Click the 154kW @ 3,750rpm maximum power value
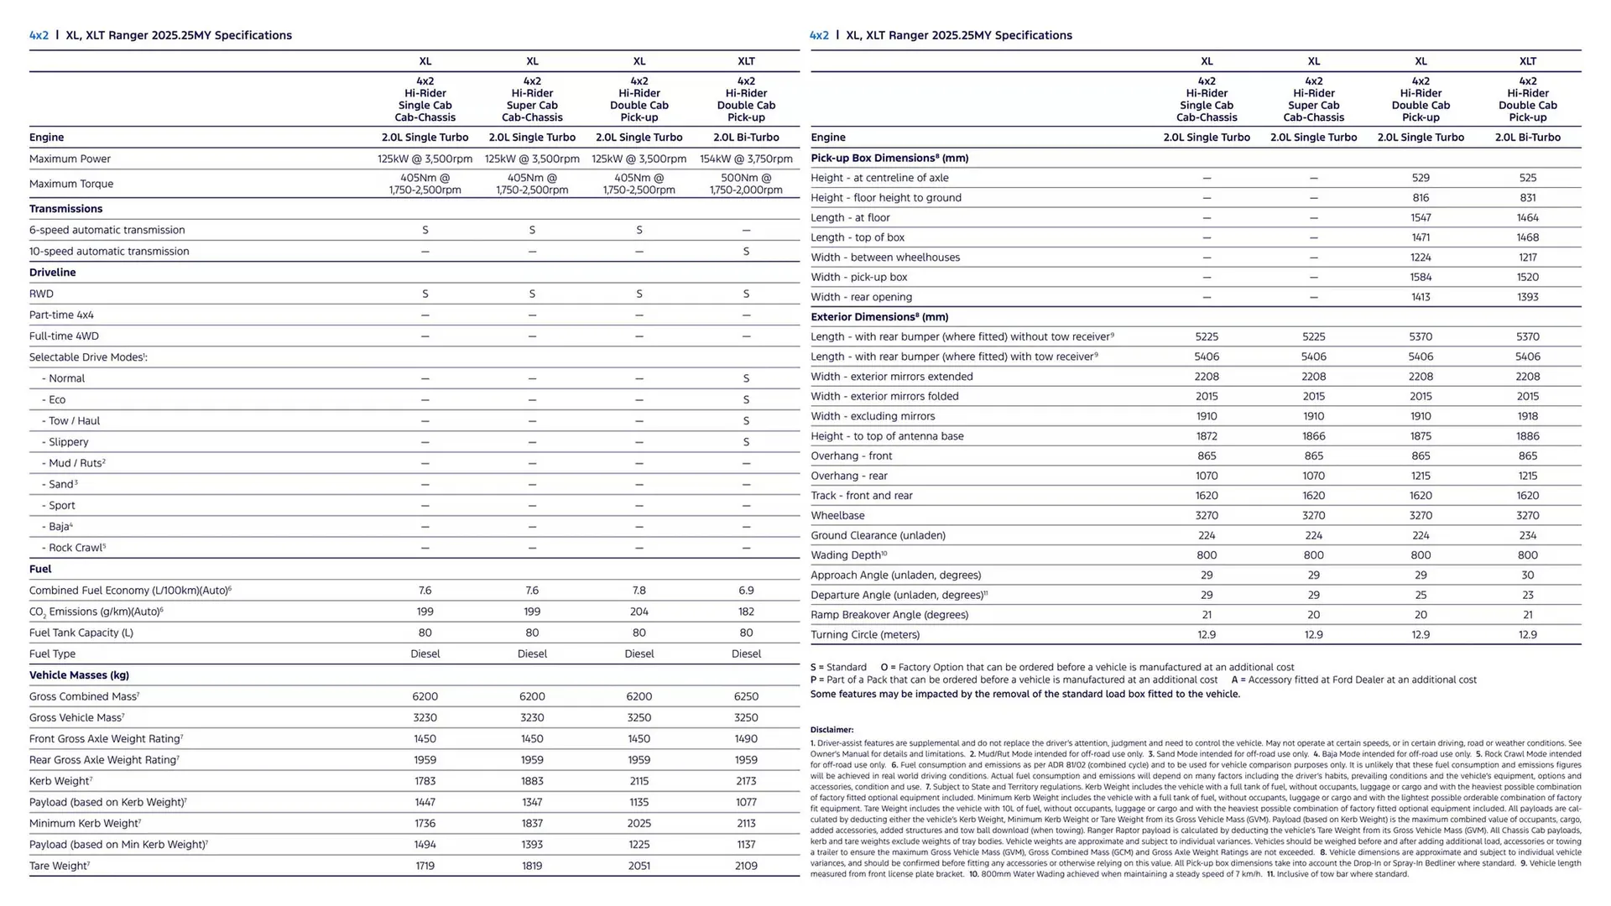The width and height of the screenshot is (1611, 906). (x=746, y=159)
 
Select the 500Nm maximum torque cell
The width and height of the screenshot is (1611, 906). (x=746, y=184)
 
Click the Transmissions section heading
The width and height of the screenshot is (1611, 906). (x=65, y=209)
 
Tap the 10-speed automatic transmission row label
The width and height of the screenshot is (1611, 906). (x=109, y=251)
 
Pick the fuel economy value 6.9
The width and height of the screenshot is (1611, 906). (x=746, y=591)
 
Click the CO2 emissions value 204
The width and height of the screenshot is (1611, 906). (x=639, y=612)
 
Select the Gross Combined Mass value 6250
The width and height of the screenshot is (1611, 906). (x=746, y=696)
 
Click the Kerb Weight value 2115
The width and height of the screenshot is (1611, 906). (x=639, y=781)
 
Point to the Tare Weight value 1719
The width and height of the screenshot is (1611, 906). (x=425, y=866)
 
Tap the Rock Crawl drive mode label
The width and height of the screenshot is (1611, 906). (x=76, y=548)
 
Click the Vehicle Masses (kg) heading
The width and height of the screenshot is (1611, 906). (x=79, y=675)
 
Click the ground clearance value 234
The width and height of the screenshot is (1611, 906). (x=1527, y=535)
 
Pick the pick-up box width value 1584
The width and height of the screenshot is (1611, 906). (x=1421, y=277)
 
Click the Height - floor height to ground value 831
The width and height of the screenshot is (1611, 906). (x=1527, y=198)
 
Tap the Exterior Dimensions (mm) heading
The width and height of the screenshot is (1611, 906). (x=878, y=317)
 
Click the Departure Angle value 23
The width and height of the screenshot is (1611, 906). (x=1527, y=595)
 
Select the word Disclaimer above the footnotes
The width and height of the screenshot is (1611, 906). (x=832, y=730)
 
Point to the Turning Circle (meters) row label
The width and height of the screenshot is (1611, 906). (x=864, y=635)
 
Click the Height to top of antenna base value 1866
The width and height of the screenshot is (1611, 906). (x=1313, y=436)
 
